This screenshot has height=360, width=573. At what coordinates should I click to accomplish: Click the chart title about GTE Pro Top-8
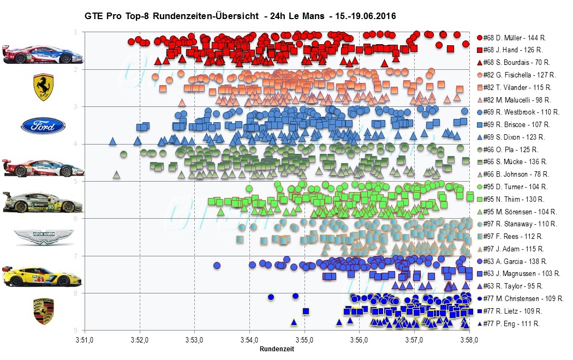pyautogui.click(x=240, y=16)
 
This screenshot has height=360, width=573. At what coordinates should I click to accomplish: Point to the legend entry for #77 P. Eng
pyautogui.click(x=511, y=323)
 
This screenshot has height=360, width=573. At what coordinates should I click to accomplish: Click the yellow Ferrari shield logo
pyautogui.click(x=43, y=88)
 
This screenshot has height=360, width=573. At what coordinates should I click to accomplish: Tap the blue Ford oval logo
pyautogui.click(x=43, y=126)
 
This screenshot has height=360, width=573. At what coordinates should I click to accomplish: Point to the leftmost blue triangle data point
pyautogui.click(x=112, y=141)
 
